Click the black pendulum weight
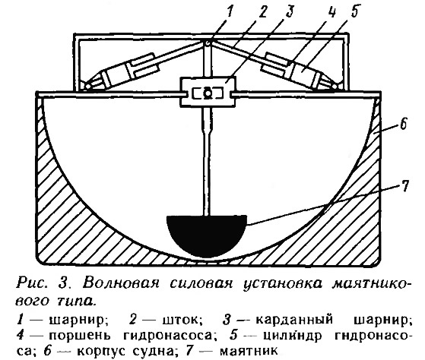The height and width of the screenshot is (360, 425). point(207,234)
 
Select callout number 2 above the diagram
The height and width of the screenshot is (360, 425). point(262,11)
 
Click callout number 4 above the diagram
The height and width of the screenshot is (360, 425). point(331,12)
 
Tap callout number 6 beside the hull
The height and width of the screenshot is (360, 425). point(403,125)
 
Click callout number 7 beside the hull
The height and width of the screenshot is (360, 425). point(404,185)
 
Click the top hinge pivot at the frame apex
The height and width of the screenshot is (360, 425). point(208,43)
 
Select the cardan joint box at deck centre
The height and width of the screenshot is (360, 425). point(208,91)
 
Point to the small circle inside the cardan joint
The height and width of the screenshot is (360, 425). point(208,93)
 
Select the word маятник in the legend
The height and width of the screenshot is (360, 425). point(249,352)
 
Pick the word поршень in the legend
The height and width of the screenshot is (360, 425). point(80,336)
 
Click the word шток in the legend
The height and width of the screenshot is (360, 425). point(182,321)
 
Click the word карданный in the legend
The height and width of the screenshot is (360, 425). point(294,321)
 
